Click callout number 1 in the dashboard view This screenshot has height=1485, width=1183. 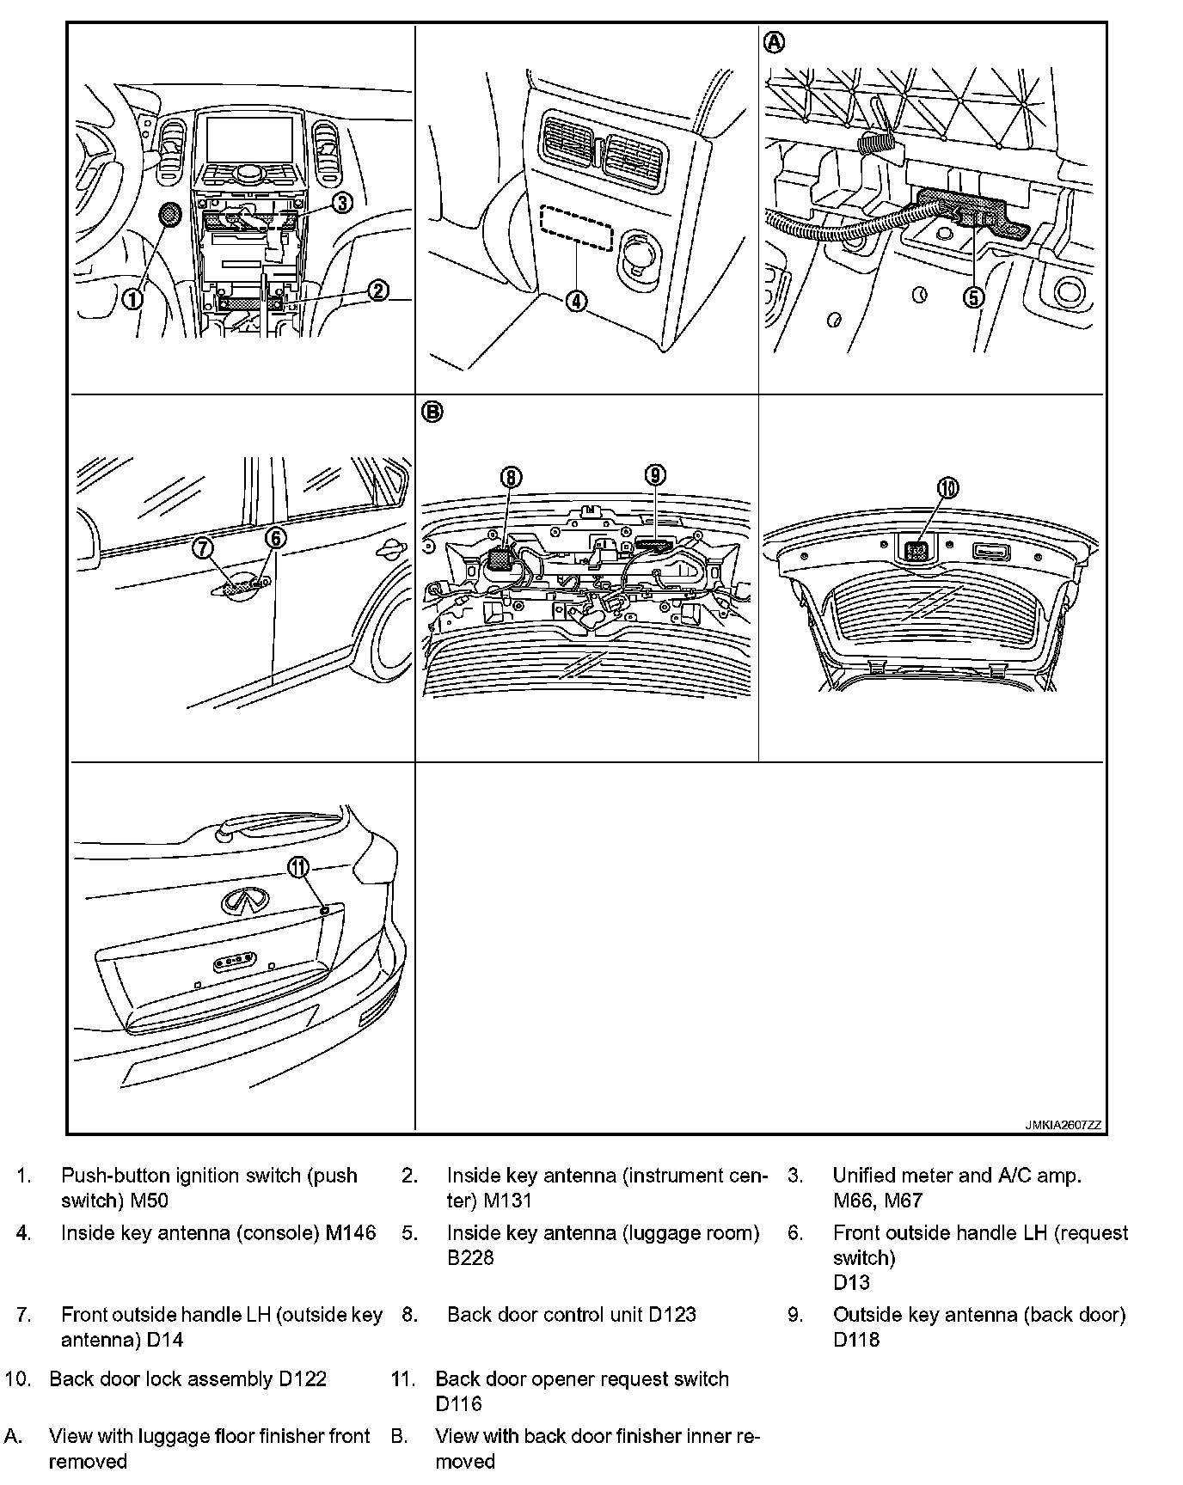tap(132, 298)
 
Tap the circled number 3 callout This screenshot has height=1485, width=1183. tap(341, 203)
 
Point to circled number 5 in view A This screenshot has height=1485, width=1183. tap(973, 297)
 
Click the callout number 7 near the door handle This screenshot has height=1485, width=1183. tap(203, 547)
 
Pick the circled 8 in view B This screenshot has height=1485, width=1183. tap(511, 476)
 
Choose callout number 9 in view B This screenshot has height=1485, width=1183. tap(655, 474)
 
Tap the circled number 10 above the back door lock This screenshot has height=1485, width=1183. tap(947, 488)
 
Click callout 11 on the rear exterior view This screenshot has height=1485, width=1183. tap(298, 867)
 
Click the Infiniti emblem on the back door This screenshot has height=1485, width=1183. tap(244, 901)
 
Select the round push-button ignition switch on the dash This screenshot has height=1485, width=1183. tap(169, 216)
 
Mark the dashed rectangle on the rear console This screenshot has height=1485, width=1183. tap(576, 228)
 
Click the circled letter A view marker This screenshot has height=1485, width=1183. tap(775, 41)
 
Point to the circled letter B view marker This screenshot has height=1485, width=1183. tap(432, 412)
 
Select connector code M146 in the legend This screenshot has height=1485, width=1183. tap(351, 1233)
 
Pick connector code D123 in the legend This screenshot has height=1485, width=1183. tap(672, 1315)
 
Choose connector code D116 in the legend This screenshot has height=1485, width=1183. tap(458, 1404)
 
